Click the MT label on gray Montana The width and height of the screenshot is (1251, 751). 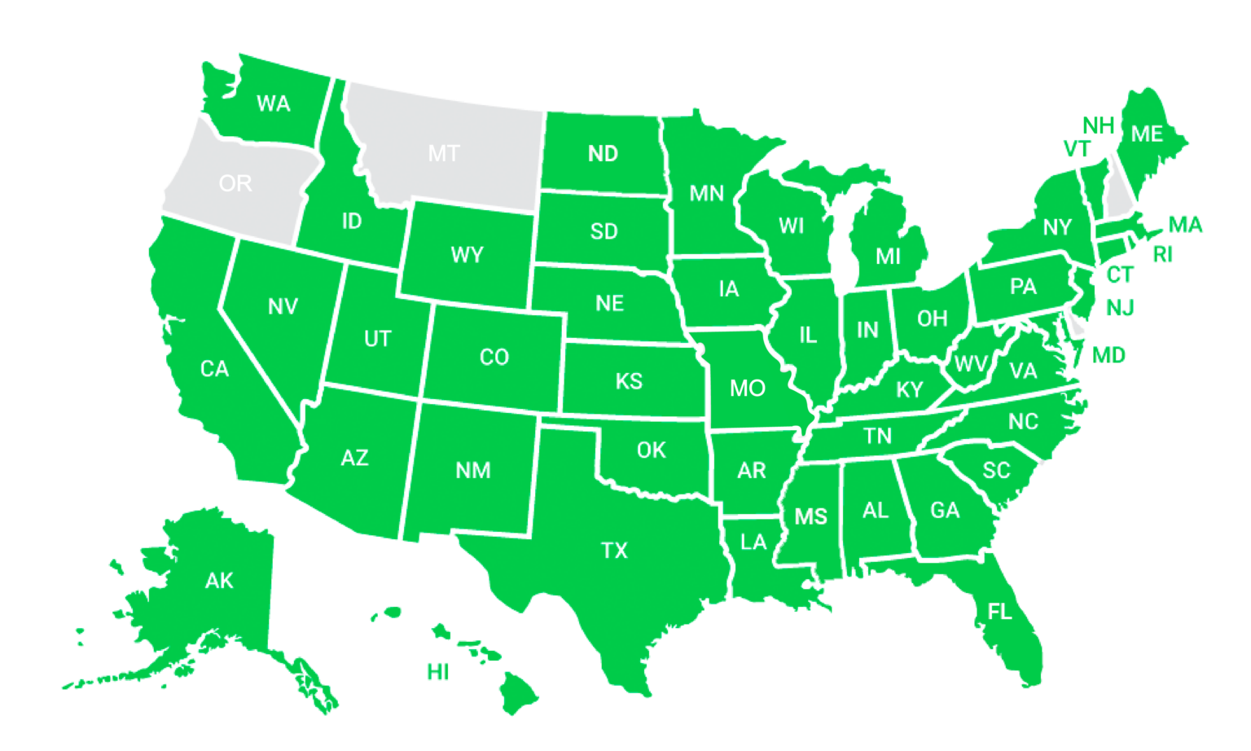[444, 153]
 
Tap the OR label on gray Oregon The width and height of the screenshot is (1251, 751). [235, 183]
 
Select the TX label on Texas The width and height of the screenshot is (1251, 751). [615, 551]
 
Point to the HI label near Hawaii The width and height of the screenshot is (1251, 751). [438, 672]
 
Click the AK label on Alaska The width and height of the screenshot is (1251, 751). [219, 581]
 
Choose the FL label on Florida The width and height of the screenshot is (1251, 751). [1000, 611]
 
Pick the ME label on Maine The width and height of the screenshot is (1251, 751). [1147, 134]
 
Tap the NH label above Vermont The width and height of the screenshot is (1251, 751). [1098, 125]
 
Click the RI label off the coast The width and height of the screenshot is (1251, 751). [1163, 255]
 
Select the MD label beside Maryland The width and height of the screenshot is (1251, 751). [1108, 355]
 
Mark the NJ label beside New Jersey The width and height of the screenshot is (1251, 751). [1121, 308]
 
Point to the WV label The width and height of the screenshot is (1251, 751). [970, 363]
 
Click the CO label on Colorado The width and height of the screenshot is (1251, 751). [494, 357]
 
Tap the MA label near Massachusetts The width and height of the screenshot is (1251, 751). [1185, 225]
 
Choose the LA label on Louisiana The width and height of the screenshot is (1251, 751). [753, 542]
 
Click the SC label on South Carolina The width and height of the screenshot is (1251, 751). [996, 470]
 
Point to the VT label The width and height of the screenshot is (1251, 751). [1077, 149]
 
